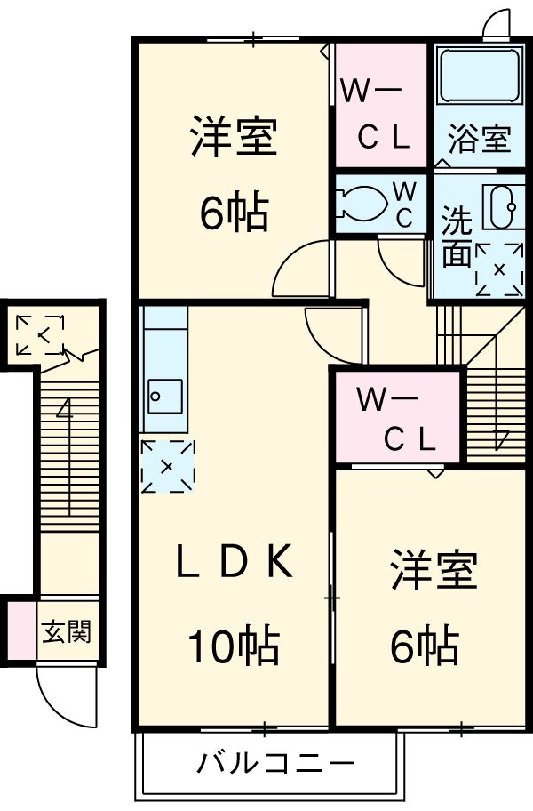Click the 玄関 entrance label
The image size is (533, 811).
click(66, 633)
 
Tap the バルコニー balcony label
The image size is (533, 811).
click(275, 763)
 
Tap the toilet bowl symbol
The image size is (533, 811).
click(361, 202)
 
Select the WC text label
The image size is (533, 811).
click(404, 205)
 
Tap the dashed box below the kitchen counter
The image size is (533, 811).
click(166, 464)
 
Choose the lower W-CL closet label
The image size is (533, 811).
click(396, 418)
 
